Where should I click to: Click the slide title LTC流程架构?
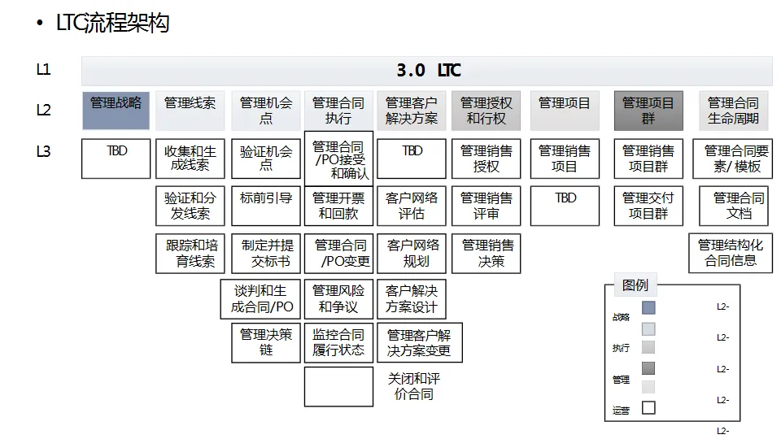point(112,24)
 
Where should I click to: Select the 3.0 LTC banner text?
point(428,70)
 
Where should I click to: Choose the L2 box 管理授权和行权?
point(486,111)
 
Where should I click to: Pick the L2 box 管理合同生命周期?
point(733,111)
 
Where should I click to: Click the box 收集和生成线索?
point(190,159)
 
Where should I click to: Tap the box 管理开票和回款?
point(338,206)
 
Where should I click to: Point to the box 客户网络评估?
point(412,206)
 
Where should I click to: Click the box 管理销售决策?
point(486,253)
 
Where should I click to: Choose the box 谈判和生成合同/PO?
point(261,299)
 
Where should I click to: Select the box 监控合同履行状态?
point(338,342)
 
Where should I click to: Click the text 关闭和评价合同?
point(412,386)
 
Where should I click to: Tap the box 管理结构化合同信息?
point(731,253)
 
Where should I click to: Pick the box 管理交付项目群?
point(648,206)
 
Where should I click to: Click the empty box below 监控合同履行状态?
point(338,386)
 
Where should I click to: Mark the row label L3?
point(44,150)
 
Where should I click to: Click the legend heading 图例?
point(635,285)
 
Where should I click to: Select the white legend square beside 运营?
point(648,408)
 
